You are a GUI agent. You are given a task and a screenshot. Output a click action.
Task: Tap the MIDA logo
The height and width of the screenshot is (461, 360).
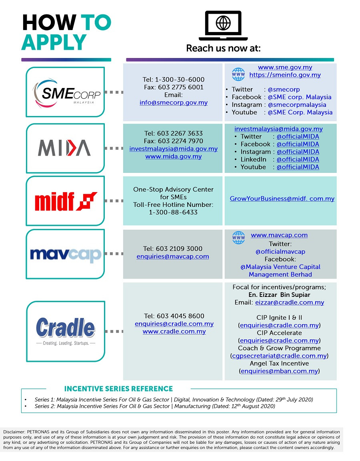click(64, 148)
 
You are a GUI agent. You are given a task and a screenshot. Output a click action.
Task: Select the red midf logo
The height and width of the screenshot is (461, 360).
click(66, 201)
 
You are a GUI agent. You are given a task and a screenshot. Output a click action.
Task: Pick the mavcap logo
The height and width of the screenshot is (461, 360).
click(66, 255)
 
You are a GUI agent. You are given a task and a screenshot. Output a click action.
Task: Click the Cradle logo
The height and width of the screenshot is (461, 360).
click(66, 331)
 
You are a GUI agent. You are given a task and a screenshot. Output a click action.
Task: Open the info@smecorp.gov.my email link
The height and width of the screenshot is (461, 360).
click(173, 102)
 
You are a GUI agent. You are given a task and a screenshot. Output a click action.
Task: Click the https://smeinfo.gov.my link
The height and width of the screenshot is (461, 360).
click(285, 75)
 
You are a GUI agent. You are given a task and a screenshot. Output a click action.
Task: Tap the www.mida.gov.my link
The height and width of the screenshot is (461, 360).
click(173, 156)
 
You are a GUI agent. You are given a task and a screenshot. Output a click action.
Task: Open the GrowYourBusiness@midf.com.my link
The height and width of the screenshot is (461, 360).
click(282, 199)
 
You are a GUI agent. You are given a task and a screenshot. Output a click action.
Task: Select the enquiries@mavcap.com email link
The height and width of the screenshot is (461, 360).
click(173, 257)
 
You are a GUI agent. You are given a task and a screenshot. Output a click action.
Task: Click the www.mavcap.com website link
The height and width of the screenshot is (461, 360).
click(279, 235)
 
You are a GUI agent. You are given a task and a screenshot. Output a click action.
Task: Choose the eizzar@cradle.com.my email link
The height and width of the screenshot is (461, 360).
click(290, 303)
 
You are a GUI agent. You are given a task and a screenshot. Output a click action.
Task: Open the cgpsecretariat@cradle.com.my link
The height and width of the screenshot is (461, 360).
click(279, 356)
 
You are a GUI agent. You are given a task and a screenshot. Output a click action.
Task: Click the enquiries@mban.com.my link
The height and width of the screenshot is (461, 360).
click(279, 371)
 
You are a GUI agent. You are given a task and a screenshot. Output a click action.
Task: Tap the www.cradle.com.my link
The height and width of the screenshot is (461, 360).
click(174, 332)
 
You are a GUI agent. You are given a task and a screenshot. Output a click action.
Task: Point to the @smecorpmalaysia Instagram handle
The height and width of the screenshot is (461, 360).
click(297, 105)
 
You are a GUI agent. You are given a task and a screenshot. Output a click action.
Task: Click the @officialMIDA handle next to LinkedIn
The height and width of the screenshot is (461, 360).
click(298, 159)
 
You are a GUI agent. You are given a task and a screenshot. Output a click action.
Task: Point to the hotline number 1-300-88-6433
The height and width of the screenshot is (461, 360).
click(173, 212)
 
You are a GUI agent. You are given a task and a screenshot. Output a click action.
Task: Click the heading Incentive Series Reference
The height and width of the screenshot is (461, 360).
click(118, 389)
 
